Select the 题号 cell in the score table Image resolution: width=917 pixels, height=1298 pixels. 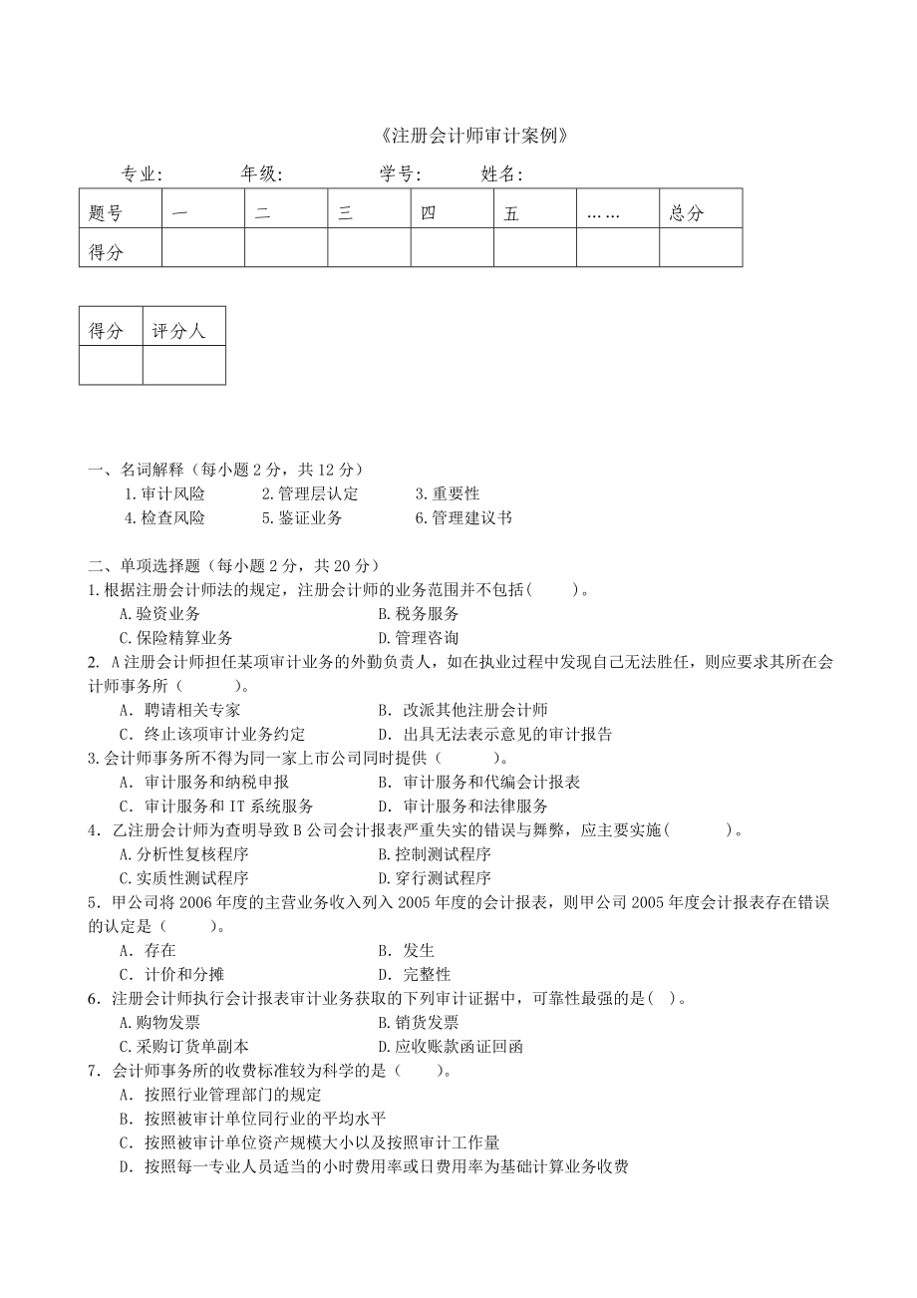coord(106,213)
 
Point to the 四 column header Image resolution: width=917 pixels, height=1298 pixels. coord(429,213)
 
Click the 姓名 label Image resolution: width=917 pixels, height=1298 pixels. coord(501,174)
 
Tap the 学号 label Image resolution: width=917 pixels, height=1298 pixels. coord(400,174)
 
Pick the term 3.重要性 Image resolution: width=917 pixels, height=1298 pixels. coord(447,493)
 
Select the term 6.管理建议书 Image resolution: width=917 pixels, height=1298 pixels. coord(463,518)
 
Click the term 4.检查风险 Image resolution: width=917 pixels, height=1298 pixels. coord(164,518)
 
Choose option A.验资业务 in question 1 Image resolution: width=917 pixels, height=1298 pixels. coord(159,614)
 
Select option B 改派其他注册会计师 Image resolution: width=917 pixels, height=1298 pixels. coord(463,711)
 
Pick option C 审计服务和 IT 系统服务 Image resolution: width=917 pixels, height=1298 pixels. coord(216,807)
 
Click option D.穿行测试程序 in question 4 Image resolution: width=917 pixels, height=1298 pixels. coord(435,878)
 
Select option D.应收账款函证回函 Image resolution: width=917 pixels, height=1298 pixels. coord(451,1047)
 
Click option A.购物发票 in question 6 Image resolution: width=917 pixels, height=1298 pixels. coord(159,1023)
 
